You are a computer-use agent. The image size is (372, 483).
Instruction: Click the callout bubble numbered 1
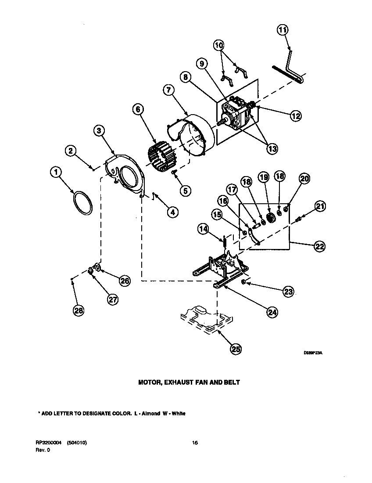click(x=56, y=173)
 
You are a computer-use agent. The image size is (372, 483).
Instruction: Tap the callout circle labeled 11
click(x=283, y=30)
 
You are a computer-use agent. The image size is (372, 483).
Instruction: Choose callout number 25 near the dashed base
click(x=236, y=349)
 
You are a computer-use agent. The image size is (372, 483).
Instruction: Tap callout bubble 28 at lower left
click(x=79, y=310)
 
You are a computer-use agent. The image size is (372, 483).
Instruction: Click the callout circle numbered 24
click(x=272, y=312)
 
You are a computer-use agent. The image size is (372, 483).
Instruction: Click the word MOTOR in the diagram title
click(x=149, y=382)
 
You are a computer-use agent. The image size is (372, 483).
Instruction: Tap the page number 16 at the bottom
click(x=195, y=443)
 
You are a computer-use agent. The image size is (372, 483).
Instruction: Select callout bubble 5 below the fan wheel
click(x=185, y=191)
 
